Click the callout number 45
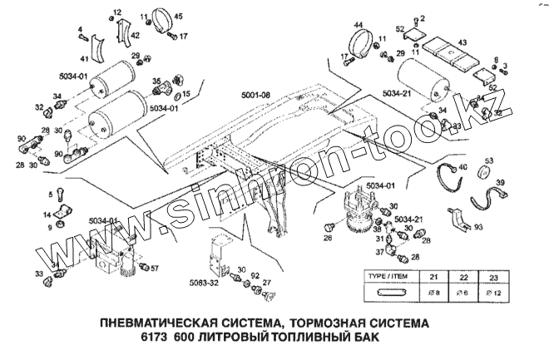pyautogui.click(x=179, y=17)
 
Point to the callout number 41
pyautogui.click(x=85, y=60)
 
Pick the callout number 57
pyautogui.click(x=153, y=269)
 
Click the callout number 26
pyautogui.click(x=328, y=239)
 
